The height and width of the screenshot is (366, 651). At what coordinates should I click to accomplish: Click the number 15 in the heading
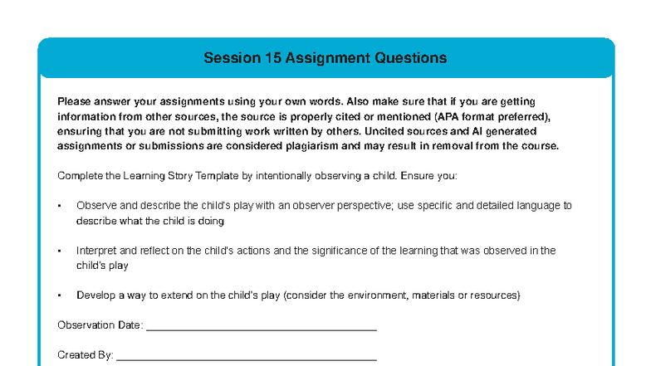(x=273, y=58)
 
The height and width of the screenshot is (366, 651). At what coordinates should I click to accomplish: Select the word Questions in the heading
(x=410, y=58)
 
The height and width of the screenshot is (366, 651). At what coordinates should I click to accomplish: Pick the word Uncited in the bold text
(x=384, y=131)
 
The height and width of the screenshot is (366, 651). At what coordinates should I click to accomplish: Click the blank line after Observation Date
(x=262, y=330)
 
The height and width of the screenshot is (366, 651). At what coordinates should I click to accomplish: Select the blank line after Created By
(x=247, y=360)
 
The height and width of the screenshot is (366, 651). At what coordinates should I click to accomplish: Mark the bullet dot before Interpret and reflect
(x=60, y=251)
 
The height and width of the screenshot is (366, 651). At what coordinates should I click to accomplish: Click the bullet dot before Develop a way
(x=60, y=295)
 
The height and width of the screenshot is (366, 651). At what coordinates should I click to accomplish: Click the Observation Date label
(x=100, y=325)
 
